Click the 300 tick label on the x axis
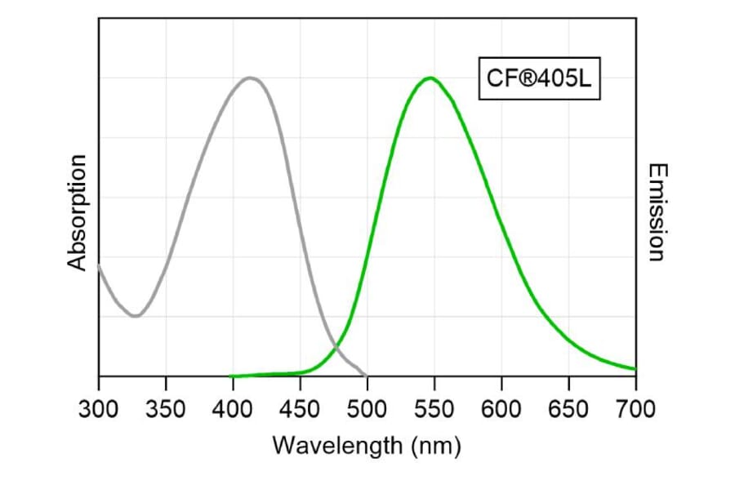coord(99,407)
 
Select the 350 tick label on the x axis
coord(166,407)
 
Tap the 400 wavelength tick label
coord(233,407)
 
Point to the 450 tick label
coord(300,407)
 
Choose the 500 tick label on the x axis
coord(367,407)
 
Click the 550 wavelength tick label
coord(434,407)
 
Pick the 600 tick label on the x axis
coord(501,407)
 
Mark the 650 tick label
coord(568,407)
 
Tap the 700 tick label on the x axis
coord(635,407)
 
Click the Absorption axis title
coord(78,212)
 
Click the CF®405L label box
coord(539,79)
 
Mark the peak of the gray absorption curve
coord(251,78)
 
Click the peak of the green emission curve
coord(430,78)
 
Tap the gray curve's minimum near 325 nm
coord(135,316)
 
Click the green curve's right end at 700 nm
coord(635,369)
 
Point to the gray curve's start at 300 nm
coord(99,265)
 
